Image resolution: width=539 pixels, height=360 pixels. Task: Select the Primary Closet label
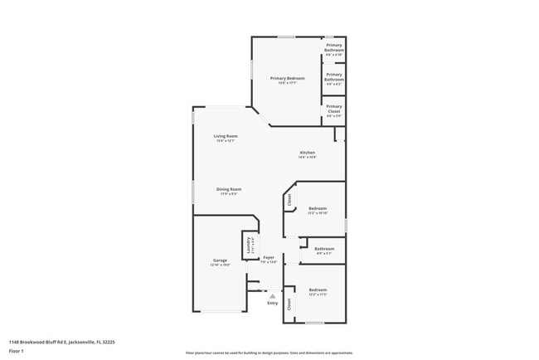(333, 106)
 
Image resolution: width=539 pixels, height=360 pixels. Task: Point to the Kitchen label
(307, 153)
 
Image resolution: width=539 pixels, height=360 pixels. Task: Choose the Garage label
(220, 260)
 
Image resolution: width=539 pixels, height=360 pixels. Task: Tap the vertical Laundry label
(248, 245)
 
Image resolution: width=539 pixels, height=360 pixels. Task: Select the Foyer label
(269, 258)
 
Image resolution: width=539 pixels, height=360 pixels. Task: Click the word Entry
(273, 304)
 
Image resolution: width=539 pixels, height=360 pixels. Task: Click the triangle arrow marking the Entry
(272, 295)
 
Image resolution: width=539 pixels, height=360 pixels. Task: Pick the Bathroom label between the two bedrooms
(324, 249)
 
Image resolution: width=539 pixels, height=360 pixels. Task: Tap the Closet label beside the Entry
(289, 304)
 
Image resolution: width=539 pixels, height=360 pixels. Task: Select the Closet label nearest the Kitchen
(289, 199)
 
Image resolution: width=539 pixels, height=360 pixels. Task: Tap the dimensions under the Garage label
(220, 265)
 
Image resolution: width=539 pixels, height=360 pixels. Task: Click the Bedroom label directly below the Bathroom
(318, 289)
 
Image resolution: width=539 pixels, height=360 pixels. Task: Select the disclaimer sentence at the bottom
(269, 353)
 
